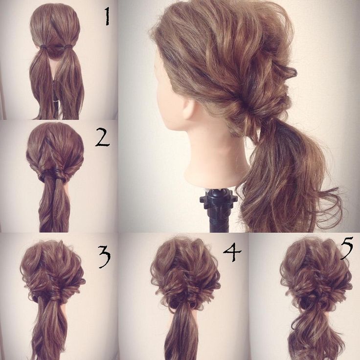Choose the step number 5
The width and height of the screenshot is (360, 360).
347,248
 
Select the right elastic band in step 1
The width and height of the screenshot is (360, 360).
68,46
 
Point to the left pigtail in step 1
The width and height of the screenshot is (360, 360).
41,83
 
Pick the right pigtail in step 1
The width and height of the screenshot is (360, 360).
70,83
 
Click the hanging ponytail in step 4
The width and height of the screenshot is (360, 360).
181,335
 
